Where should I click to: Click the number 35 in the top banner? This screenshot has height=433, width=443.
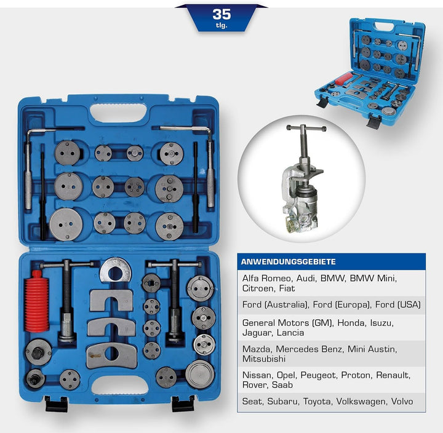click(x=221, y=14)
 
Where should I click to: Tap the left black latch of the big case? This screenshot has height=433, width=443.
click(x=56, y=403)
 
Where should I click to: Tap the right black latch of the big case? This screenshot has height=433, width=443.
click(x=183, y=403)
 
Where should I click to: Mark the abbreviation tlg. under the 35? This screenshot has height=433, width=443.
click(x=221, y=26)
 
